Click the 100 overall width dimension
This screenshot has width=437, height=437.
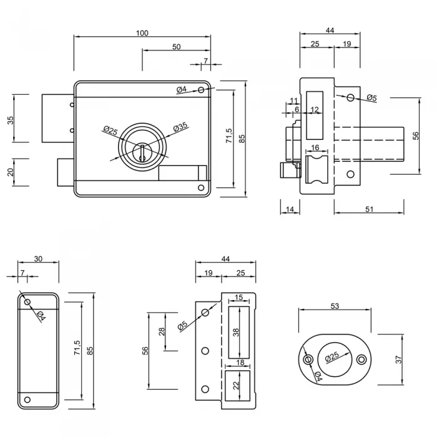point(142,33)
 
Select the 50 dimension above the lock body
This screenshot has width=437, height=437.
point(177,47)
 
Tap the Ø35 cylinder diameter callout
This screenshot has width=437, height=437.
point(180,127)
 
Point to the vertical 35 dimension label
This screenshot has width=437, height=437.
point(11,120)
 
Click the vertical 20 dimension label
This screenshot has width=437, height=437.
point(11,172)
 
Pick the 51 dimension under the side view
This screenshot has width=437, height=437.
point(370,209)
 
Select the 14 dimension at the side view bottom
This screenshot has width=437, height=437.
point(290,209)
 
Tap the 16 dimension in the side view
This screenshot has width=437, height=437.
point(315,147)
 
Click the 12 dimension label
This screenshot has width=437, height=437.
point(315,109)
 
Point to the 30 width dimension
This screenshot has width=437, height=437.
point(38,259)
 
